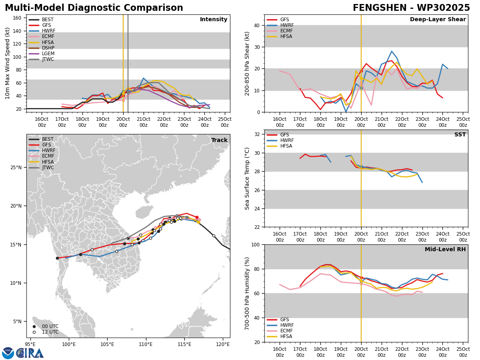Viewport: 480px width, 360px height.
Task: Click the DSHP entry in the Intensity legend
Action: pos(48,48)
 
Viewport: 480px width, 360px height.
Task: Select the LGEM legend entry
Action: pos(48,54)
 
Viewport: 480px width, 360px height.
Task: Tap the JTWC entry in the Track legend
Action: pos(48,168)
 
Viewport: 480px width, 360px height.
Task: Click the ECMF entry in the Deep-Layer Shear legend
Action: pos(286,31)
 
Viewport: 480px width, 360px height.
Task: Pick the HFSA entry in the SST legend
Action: pos(286,146)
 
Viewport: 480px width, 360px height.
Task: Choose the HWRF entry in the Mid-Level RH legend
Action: pos(287,325)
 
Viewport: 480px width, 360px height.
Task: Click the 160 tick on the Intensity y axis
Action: pos(17,18)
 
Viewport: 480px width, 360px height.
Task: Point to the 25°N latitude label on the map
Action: pos(16,168)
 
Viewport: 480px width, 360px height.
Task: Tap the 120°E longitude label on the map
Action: pos(223,344)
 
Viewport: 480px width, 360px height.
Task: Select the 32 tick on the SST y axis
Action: pos(257,134)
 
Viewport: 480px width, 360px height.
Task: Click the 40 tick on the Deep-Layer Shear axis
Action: pos(257,25)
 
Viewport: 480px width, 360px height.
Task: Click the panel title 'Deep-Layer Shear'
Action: pos(438,20)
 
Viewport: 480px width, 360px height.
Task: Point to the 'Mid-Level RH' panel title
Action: pos(445,249)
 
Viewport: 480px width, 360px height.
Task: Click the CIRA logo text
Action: pos(30,353)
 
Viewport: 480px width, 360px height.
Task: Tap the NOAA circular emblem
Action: pos(8,353)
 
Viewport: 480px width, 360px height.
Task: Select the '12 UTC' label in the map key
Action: pos(50,332)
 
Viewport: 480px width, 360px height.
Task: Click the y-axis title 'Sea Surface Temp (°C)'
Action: pos(247,178)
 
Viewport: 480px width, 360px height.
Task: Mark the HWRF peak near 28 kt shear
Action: pos(392,51)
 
